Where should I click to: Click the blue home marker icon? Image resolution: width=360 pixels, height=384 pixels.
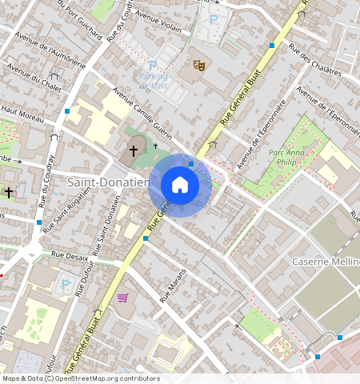(x=180, y=185)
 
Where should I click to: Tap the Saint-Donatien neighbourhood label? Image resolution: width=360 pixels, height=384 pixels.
(x=108, y=182)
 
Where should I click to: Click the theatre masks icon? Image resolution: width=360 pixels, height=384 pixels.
(x=198, y=64)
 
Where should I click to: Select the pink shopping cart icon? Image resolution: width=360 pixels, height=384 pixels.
(x=122, y=298)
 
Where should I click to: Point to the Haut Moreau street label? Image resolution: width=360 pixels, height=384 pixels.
(x=22, y=117)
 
